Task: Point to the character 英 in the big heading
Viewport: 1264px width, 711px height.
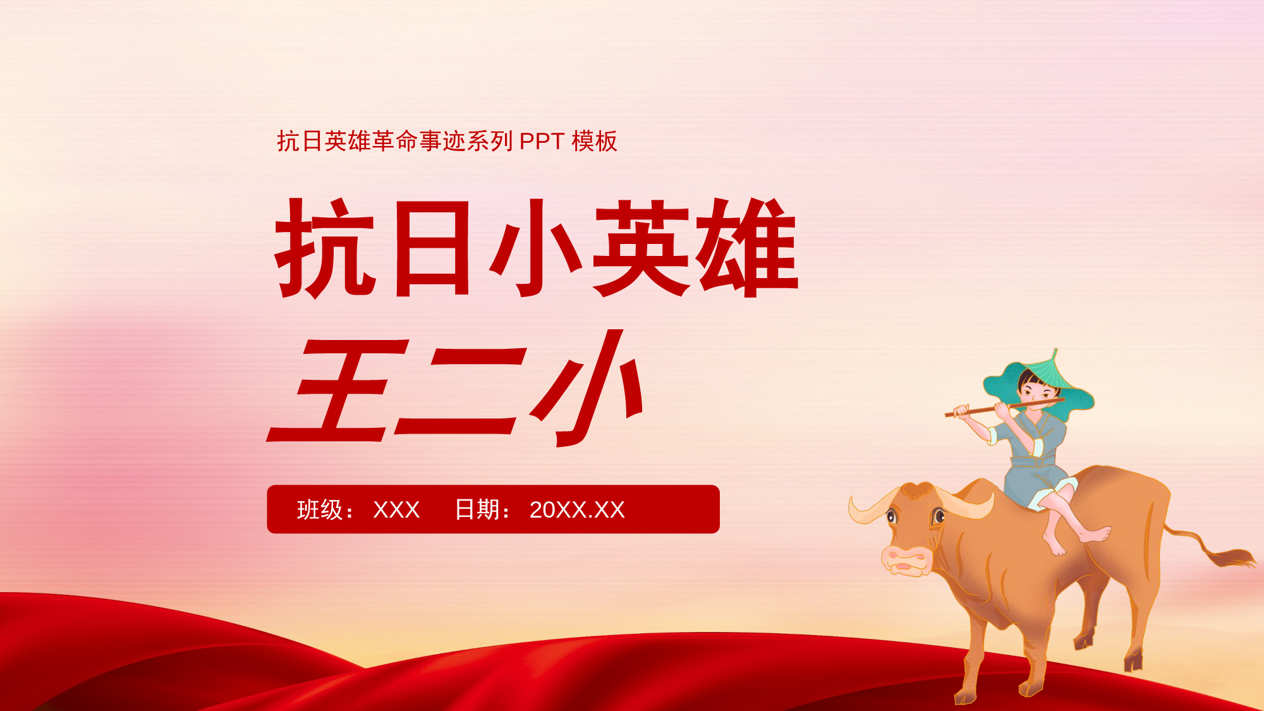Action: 641,247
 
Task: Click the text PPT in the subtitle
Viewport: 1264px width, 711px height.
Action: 542,142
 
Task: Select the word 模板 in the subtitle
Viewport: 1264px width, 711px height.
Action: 594,141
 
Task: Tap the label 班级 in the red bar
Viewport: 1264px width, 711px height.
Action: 320,509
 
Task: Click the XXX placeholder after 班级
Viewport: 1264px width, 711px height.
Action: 396,510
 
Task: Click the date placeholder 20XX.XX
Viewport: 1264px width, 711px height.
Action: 577,510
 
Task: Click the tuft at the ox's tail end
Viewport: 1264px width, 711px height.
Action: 1232,558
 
